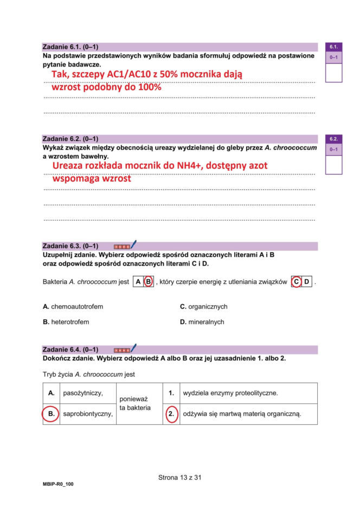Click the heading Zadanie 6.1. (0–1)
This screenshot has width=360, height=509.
(70, 47)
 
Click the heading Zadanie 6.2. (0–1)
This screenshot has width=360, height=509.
(70, 139)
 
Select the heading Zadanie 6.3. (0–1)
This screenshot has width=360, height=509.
(70, 246)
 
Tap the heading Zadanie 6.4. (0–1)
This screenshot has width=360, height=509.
(70, 350)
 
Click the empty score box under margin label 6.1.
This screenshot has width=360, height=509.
(333, 72)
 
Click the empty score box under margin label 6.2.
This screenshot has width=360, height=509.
(333, 164)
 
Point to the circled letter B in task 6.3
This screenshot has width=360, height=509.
(148, 282)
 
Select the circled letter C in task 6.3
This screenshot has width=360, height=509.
(296, 282)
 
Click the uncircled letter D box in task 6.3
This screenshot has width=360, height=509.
(307, 282)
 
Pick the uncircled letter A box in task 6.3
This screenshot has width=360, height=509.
(138, 282)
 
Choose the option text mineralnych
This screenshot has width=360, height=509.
(206, 322)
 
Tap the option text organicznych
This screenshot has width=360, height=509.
(208, 307)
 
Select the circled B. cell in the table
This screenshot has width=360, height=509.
(51, 414)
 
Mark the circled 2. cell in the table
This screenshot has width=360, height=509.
(171, 414)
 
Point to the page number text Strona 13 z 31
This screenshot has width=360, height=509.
(180, 478)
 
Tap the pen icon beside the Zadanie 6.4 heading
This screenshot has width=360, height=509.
(133, 349)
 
